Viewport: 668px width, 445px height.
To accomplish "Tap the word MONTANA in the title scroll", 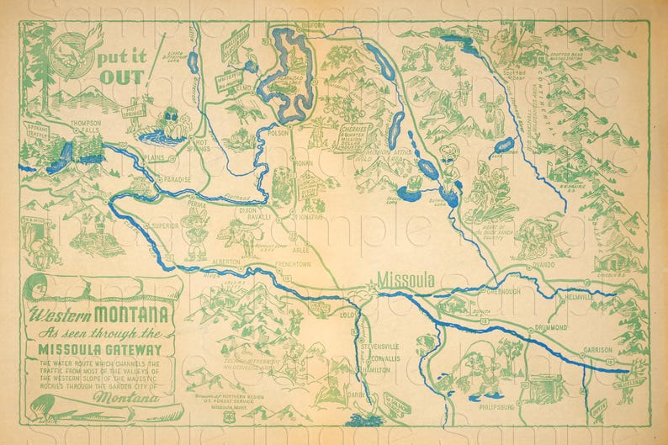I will coord(133,316).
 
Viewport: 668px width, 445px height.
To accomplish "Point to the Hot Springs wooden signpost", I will coord(134,109).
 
